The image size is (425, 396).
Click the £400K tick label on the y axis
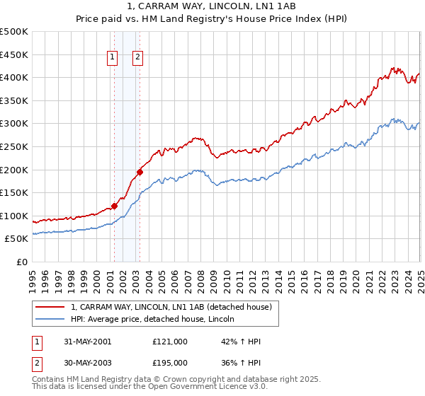pyautogui.click(x=14, y=77)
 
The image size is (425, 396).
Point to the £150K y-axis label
pyautogui.click(x=14, y=192)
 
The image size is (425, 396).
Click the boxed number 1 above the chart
pyautogui.click(x=113, y=59)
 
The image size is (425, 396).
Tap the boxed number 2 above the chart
pyautogui.click(x=137, y=59)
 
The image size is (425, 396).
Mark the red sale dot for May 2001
pyautogui.click(x=114, y=206)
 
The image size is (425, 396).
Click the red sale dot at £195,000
pyautogui.click(x=140, y=172)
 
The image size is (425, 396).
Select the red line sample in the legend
pyautogui.click(x=50, y=307)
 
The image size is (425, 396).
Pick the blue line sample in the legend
pyautogui.click(x=50, y=319)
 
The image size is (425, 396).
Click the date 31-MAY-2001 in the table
pyautogui.click(x=87, y=342)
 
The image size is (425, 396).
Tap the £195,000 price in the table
pyautogui.click(x=170, y=362)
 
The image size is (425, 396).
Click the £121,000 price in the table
pyautogui.click(x=170, y=342)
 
